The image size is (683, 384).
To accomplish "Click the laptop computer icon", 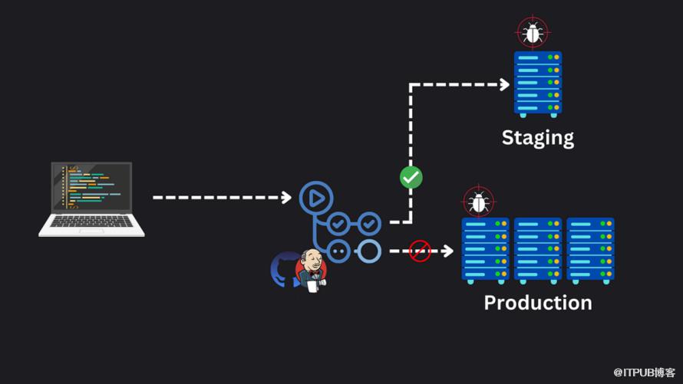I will pyautogui.click(x=92, y=198).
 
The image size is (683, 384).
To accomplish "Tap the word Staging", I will pyautogui.click(x=537, y=138).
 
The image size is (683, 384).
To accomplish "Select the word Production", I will pyautogui.click(x=537, y=303).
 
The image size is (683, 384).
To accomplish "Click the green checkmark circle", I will pyautogui.click(x=411, y=178).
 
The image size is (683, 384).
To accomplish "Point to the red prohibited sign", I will pyautogui.click(x=420, y=251).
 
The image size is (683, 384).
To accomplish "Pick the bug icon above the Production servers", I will pyautogui.click(x=479, y=202).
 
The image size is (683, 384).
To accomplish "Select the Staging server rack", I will pyautogui.click(x=537, y=83).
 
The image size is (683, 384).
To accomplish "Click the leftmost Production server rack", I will pyautogui.click(x=486, y=250).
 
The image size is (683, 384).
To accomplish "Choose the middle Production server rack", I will pyautogui.click(x=538, y=250).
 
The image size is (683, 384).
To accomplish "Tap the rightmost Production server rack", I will pyautogui.click(x=590, y=250).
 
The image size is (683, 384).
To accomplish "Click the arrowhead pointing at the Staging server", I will pyautogui.click(x=504, y=84).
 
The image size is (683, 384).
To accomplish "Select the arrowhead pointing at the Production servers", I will pyautogui.click(x=448, y=251).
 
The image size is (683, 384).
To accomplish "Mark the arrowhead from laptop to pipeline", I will pyautogui.click(x=286, y=198).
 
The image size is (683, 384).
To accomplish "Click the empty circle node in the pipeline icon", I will pyautogui.click(x=370, y=251).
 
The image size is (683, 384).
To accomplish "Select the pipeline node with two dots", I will pyautogui.click(x=338, y=251).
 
